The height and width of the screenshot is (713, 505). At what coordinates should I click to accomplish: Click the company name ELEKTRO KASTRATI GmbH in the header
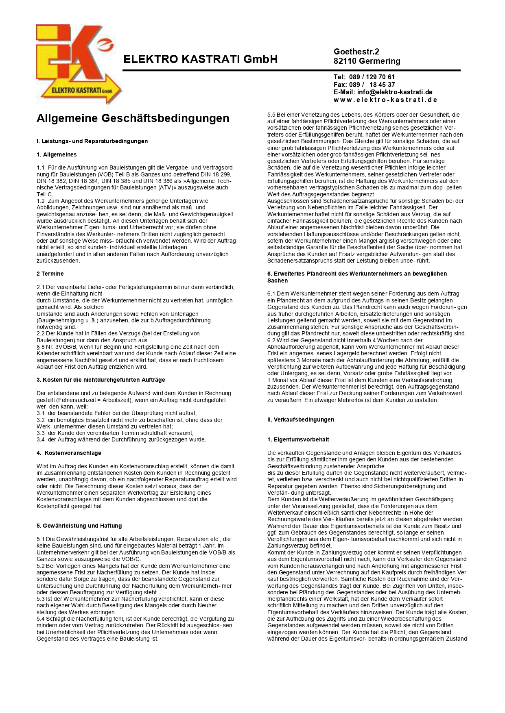coord(200,59)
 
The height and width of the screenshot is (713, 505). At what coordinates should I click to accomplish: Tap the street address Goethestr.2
coord(356,52)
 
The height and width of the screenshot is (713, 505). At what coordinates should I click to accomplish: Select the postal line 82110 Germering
coord(367,61)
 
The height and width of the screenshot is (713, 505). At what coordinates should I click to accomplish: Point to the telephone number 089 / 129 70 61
coord(372,77)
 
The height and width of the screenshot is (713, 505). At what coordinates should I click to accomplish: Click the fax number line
coord(364,85)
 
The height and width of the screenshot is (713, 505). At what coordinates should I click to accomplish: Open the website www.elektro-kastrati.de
coord(385,100)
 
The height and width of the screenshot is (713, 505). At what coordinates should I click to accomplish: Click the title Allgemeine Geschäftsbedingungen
coord(133,118)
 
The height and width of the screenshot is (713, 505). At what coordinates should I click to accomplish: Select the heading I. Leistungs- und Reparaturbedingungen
coord(92,141)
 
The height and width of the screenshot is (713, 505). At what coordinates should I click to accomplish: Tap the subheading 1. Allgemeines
coord(57,154)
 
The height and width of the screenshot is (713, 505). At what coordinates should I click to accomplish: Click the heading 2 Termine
coord(50,274)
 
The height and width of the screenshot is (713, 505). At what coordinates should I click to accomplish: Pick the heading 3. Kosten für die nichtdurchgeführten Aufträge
coord(101,380)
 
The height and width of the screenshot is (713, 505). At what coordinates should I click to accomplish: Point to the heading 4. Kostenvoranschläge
coord(69,453)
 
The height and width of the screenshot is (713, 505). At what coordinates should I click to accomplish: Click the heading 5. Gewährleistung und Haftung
coord(79,526)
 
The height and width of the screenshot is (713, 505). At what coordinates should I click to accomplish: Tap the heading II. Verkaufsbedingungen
coord(300,420)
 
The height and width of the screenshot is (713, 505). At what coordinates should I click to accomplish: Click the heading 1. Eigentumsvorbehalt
coord(298,439)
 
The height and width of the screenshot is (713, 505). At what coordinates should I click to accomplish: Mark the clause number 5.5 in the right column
coord(271,115)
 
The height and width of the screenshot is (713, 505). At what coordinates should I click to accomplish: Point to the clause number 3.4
coord(40,439)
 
